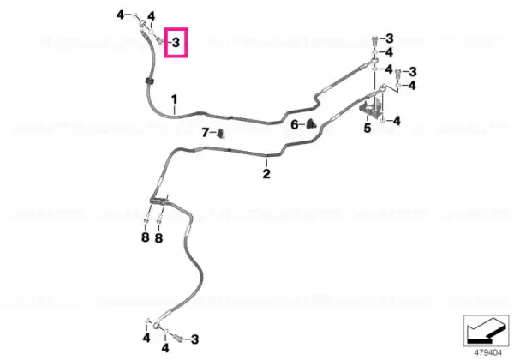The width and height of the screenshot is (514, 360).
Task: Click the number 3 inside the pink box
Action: click(x=176, y=42)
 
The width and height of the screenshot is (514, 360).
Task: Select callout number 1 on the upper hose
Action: click(x=175, y=99)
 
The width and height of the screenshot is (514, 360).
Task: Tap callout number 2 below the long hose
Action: click(x=266, y=173)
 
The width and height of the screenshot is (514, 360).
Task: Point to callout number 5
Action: click(x=368, y=128)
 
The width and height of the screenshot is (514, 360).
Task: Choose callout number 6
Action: click(x=295, y=124)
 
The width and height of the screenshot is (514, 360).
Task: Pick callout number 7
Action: click(x=206, y=133)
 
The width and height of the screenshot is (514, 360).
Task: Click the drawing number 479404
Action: click(x=487, y=353)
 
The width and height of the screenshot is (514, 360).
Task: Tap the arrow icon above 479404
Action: click(x=486, y=331)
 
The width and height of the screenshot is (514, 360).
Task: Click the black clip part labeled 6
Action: click(x=311, y=124)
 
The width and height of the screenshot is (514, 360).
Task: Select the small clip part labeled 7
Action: click(x=221, y=134)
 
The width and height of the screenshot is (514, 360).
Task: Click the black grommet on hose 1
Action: click(x=149, y=81)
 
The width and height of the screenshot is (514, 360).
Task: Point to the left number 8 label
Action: click(x=146, y=237)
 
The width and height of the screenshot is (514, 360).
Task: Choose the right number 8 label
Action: click(x=158, y=237)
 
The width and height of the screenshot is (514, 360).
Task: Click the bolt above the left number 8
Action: click(x=146, y=218)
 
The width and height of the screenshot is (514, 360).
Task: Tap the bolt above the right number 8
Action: click(x=159, y=218)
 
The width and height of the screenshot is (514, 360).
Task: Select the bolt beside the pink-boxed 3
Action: click(x=160, y=41)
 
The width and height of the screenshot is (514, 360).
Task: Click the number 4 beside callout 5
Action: click(x=397, y=121)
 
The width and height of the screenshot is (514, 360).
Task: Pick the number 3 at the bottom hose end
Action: click(x=195, y=339)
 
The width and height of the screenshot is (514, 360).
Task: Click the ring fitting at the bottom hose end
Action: click(x=156, y=326)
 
